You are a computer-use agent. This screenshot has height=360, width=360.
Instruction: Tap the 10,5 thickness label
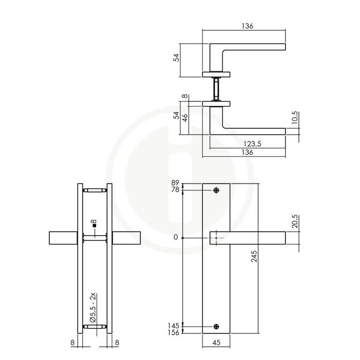(295, 120)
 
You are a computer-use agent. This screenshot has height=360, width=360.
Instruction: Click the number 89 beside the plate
(175, 183)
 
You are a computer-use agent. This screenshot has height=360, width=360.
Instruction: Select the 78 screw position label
(175, 190)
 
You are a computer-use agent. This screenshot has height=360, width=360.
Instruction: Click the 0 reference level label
(176, 238)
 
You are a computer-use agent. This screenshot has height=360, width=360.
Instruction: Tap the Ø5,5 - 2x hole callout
(93, 307)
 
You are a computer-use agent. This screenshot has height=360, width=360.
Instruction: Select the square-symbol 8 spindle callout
(93, 224)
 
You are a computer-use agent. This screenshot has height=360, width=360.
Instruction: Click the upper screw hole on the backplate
(216, 191)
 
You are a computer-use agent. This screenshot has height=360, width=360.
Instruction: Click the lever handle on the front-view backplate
(249, 238)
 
